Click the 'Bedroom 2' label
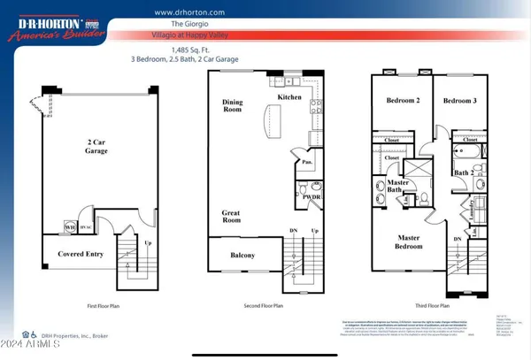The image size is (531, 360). pos(404,101)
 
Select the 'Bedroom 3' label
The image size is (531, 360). pos(458,101)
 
